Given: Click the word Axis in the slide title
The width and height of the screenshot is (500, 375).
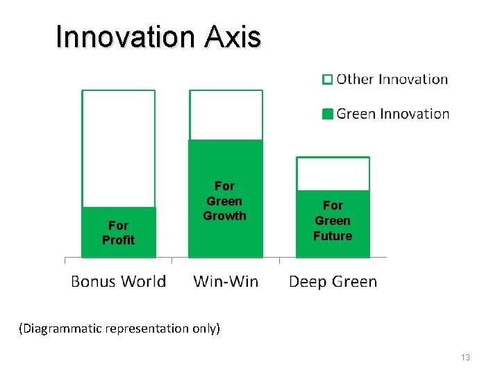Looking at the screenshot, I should coord(233,37).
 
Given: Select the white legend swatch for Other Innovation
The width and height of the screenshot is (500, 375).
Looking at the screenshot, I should coord(328,79).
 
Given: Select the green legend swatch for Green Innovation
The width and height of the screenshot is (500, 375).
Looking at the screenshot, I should coord(328,114).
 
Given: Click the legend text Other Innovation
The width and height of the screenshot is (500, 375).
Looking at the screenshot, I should coord(392,79).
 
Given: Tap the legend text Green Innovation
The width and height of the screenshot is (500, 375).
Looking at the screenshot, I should coord(392,114).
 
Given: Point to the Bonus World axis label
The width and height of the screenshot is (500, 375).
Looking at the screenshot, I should coord(118,281).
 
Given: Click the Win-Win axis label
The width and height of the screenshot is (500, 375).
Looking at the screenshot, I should coord(226,281).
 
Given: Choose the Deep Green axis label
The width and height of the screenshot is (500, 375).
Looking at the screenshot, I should coord(333,281).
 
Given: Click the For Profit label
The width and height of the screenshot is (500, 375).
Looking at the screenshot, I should coord(118,233).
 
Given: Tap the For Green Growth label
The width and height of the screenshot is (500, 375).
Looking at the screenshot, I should coord(224,201).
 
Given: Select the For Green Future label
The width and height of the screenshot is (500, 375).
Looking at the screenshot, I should coord(333,220).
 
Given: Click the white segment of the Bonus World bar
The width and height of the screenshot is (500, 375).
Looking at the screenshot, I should coord(118,149).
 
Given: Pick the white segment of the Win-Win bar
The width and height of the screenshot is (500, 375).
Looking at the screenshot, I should coord(226,115).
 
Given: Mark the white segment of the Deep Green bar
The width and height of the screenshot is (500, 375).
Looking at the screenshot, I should coord(333,174).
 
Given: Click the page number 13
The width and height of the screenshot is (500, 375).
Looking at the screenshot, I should coord(465,357).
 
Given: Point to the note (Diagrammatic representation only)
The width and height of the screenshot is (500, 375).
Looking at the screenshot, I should coord(119,328).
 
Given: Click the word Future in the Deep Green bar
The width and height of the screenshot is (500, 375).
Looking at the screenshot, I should coord(333,236).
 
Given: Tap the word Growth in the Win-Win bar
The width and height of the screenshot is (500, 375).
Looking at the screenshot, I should coord(224,216).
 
